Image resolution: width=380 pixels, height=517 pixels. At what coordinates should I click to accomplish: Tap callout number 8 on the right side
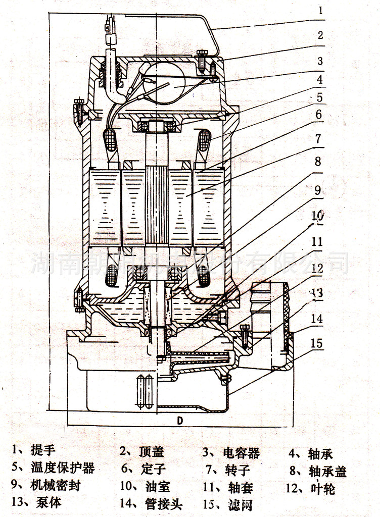[x=317, y=163]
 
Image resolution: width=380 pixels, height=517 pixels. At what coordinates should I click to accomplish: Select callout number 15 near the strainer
[x=317, y=344]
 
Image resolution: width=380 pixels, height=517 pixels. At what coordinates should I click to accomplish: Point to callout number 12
[x=317, y=269]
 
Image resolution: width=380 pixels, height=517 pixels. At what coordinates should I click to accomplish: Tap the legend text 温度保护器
[x=63, y=468]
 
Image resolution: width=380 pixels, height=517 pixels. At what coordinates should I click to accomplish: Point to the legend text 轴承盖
[x=327, y=472]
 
